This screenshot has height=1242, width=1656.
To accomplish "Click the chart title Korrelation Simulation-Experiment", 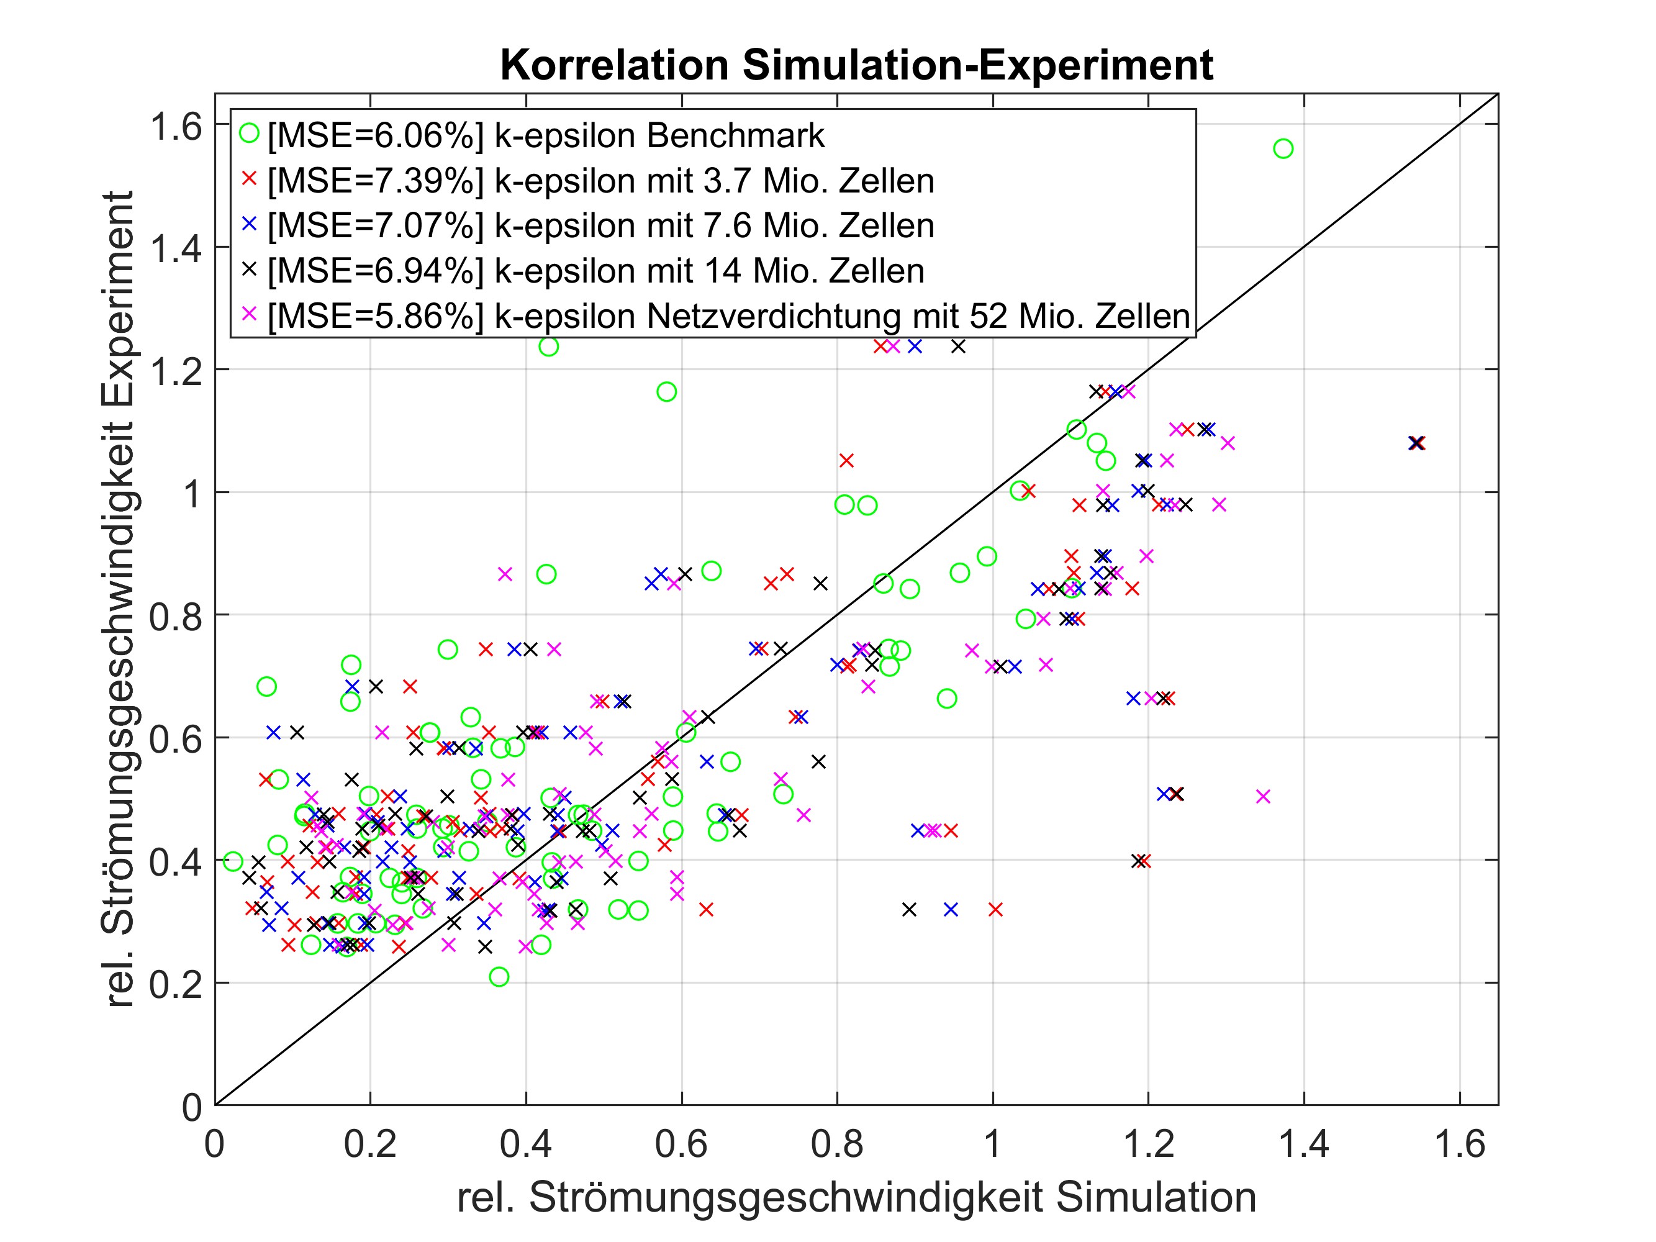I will (x=856, y=65).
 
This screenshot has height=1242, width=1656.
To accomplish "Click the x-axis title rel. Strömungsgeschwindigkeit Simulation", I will (x=856, y=1197).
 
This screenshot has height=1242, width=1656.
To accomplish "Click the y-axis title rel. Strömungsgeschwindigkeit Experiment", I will (x=117, y=599).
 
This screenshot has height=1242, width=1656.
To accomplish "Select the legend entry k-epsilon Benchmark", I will (x=545, y=135).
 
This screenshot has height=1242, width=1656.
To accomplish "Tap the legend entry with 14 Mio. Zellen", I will (x=596, y=271).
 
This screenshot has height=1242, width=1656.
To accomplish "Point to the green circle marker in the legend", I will (x=249, y=134).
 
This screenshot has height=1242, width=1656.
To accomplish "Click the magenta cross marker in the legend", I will (x=249, y=313).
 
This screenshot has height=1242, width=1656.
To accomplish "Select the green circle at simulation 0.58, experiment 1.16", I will (x=666, y=392).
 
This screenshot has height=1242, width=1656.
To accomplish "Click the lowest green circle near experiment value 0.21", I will (x=499, y=976).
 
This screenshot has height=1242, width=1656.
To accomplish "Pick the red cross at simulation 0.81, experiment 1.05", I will (x=846, y=460).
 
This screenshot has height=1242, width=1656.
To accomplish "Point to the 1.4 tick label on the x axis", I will (x=1303, y=1145).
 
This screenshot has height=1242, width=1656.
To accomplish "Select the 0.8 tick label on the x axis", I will (x=837, y=1145).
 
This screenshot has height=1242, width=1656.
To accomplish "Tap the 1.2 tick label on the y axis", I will (x=176, y=371).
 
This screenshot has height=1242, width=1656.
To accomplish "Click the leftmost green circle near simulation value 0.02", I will (x=233, y=861).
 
